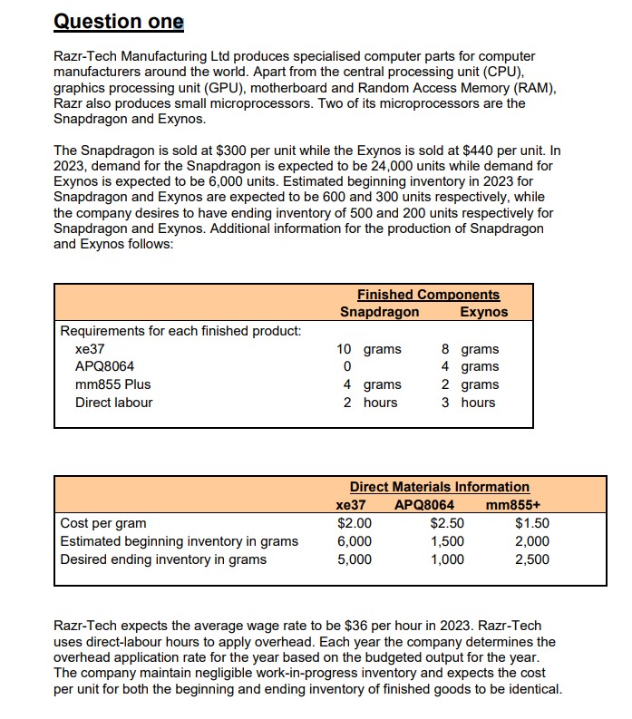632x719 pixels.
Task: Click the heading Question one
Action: (x=119, y=21)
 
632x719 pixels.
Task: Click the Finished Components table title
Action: (x=428, y=295)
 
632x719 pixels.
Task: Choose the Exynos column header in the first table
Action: (x=484, y=312)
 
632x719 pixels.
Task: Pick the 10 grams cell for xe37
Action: (x=368, y=349)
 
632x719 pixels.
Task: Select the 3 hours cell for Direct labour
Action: (x=470, y=403)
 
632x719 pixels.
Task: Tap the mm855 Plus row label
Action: (x=112, y=384)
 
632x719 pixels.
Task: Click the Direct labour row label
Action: (x=113, y=403)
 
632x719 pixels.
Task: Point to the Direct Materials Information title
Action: (x=440, y=487)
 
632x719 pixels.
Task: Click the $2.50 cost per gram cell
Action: (x=447, y=523)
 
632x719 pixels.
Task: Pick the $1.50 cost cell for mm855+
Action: (x=532, y=523)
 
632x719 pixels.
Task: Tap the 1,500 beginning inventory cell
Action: (x=447, y=541)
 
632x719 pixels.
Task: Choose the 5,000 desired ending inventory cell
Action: (x=354, y=559)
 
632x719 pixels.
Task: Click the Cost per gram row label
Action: (x=102, y=523)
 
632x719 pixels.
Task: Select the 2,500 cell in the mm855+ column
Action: (x=531, y=559)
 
